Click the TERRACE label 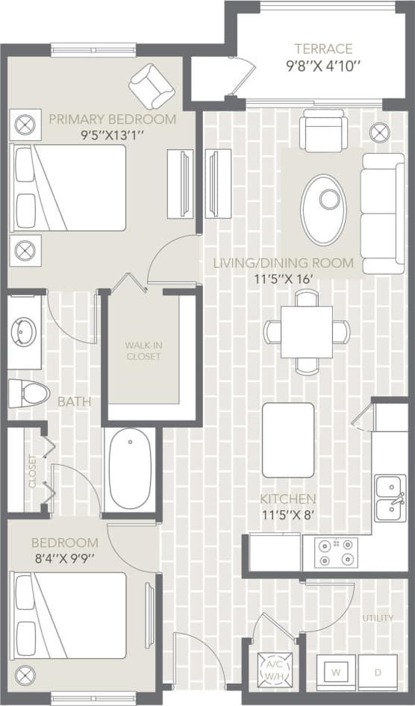tap(322, 49)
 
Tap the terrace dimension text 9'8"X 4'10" tap(322, 65)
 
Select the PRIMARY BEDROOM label tap(113, 119)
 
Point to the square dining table tap(307, 331)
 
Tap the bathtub tap(131, 470)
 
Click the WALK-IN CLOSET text tap(143, 351)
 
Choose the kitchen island tap(288, 440)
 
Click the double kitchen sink tap(390, 499)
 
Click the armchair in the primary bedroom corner tap(152, 85)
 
